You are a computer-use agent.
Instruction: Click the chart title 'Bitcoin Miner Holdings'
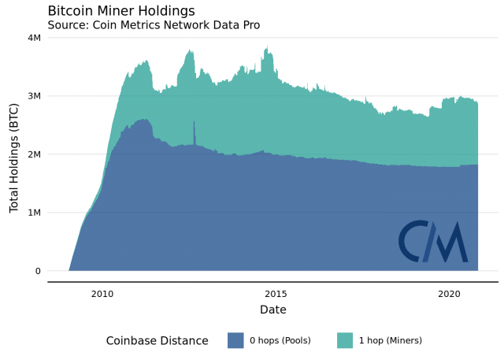coord(121,10)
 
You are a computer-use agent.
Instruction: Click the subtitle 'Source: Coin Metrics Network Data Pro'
coord(154,24)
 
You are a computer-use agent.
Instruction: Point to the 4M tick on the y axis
coord(35,38)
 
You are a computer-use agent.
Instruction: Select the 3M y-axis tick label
coord(35,96)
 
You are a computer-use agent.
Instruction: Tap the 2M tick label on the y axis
coord(35,154)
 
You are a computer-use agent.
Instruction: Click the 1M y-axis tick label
coord(35,213)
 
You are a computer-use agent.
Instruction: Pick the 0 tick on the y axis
coord(38,271)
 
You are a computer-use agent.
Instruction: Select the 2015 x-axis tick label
coord(275,293)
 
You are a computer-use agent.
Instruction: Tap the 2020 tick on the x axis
coord(448,293)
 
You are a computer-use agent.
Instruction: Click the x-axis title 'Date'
coord(273,310)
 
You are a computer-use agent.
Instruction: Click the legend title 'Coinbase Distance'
coord(157,340)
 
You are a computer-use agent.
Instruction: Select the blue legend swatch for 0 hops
coord(235,340)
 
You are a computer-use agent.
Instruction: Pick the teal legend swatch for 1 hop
coord(345,340)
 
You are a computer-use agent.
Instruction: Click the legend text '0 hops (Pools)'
coord(280,340)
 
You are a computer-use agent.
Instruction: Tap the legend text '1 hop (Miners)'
coord(391,340)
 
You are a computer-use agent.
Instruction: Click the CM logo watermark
coord(432,241)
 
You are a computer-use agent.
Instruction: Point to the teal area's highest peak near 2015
coord(269,49)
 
